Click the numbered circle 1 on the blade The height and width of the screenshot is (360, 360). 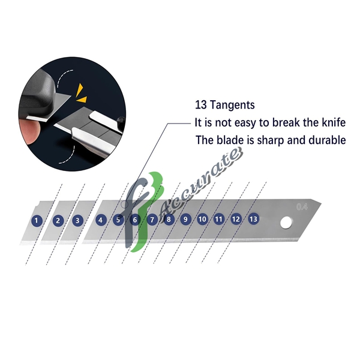pyautogui.click(x=37, y=221)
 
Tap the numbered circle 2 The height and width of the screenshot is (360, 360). pyautogui.click(x=58, y=220)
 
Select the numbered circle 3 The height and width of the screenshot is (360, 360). pyautogui.click(x=77, y=220)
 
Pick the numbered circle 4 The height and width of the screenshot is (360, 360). pyautogui.click(x=101, y=220)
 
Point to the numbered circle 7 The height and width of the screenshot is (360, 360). pyautogui.click(x=152, y=220)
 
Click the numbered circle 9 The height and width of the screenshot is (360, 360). pyautogui.click(x=185, y=219)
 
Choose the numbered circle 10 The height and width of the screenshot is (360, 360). pyautogui.click(x=202, y=219)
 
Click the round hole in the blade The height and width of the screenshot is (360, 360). pyautogui.click(x=287, y=224)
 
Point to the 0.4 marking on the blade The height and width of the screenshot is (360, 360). pyautogui.click(x=302, y=207)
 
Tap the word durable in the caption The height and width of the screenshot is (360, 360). pyautogui.click(x=326, y=140)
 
